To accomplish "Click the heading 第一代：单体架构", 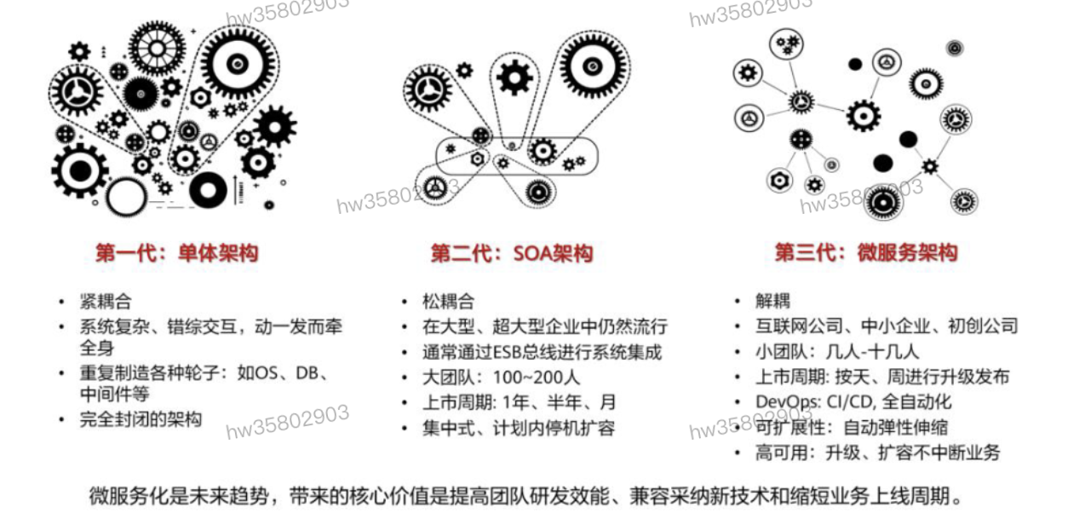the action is point(176,253).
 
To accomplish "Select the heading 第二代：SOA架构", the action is point(511,253).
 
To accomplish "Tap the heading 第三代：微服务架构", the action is point(865,253).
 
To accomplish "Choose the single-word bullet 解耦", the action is point(772,301).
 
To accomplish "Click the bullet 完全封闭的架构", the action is point(141,419).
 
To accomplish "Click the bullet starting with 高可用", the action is point(877,453).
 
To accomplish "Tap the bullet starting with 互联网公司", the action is point(886,326).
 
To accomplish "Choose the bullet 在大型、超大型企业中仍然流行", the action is point(545,326).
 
